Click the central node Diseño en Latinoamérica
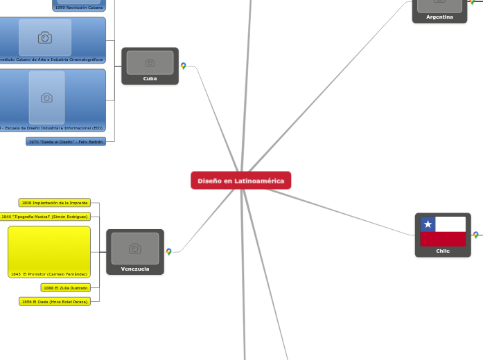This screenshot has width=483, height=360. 240,181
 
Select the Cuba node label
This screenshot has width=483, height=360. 150,79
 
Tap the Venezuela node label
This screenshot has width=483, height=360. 135,269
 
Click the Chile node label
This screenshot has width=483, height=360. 443,251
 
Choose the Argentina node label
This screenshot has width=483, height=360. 439,17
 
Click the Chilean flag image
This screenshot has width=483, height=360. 443,231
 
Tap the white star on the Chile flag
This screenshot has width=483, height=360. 428,224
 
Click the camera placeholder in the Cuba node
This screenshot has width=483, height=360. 150,62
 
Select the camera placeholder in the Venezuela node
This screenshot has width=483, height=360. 135,249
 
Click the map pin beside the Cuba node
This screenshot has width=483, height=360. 184,66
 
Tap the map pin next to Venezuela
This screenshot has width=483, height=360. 169,252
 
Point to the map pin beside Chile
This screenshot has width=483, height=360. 475,235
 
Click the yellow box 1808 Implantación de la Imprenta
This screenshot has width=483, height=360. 55,203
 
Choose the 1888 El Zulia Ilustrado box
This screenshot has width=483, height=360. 65,287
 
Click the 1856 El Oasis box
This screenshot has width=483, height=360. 55,301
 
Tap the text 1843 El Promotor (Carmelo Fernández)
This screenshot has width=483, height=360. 49,274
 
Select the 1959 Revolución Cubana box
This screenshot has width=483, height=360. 78,7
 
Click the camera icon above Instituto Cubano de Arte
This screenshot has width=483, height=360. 45,37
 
